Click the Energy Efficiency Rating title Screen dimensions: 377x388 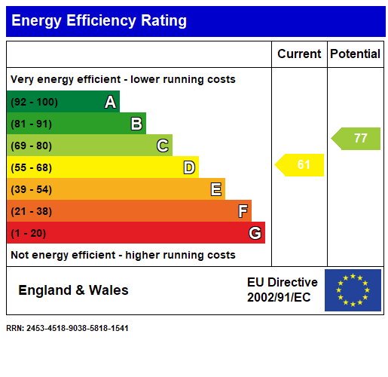[99, 21]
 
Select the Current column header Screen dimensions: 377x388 [299, 54]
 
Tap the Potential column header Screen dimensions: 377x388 [356, 54]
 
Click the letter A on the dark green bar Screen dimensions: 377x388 [110, 102]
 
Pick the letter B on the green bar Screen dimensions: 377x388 [136, 124]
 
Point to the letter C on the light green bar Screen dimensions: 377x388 [162, 146]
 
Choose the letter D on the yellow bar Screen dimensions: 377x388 [189, 167]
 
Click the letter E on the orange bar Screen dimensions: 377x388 [216, 189]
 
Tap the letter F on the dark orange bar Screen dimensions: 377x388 [243, 211]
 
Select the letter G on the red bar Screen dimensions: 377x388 [255, 233]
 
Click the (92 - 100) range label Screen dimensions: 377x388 [34, 103]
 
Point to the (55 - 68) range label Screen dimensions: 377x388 [31, 167]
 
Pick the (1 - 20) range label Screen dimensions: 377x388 [28, 233]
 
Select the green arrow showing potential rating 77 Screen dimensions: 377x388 [357, 139]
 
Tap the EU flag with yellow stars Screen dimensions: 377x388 [353, 290]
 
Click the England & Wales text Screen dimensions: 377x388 [73, 290]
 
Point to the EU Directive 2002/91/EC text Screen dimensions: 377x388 [282, 290]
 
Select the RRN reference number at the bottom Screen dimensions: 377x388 [67, 329]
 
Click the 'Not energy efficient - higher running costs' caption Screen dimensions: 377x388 [123, 256]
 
